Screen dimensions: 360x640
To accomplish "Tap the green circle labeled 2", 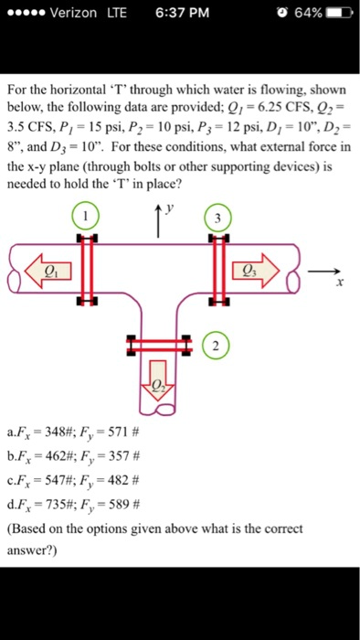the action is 216,347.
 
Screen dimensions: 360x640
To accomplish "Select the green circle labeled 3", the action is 217,219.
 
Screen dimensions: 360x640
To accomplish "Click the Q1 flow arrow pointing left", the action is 48,269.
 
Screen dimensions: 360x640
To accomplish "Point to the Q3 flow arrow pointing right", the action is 257,269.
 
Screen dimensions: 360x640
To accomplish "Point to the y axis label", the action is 169,209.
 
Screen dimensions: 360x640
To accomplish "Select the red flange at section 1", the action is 87,270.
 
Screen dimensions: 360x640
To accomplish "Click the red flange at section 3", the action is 220,270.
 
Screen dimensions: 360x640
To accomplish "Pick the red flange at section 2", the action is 159,346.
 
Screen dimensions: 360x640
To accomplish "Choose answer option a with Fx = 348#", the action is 74,432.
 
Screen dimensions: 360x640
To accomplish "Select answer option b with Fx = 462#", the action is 74,457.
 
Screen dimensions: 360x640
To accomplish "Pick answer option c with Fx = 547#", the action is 74,481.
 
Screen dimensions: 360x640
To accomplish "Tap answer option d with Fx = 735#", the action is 74,506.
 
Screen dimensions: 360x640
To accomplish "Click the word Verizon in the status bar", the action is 73,13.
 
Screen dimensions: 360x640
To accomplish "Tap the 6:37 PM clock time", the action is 182,13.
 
